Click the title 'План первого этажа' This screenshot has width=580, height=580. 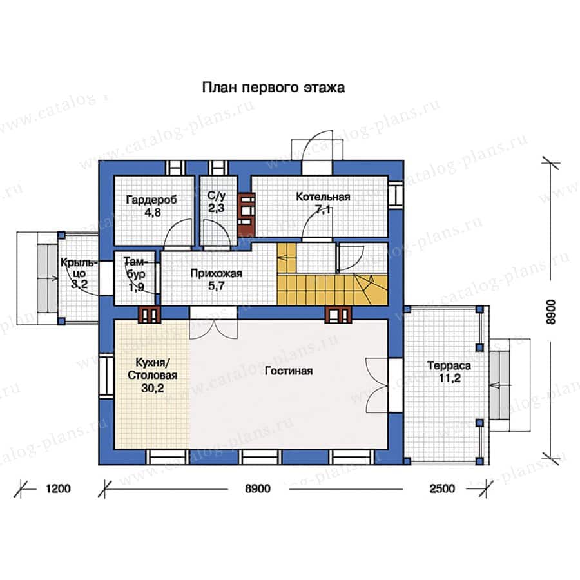click(273, 88)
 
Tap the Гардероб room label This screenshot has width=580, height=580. click(151, 200)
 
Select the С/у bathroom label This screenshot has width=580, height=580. click(216, 195)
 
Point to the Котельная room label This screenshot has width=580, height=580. click(323, 197)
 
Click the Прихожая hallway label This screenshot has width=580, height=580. click(217, 273)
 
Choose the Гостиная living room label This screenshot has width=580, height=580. click(289, 371)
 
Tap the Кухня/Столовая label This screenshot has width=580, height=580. click(152, 369)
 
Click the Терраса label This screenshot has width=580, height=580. click(449, 365)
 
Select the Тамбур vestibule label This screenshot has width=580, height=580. click(135, 268)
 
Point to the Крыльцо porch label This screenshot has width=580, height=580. click(79, 268)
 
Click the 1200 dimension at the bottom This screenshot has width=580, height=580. click(58, 488)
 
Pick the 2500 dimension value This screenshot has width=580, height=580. click(442, 488)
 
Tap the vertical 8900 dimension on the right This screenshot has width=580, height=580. click(550, 312)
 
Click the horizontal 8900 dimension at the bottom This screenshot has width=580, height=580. click(258, 488)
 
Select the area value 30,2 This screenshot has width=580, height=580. click(152, 388)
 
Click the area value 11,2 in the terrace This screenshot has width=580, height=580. click(449, 378)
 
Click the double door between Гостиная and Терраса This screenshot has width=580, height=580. click(377, 385)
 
